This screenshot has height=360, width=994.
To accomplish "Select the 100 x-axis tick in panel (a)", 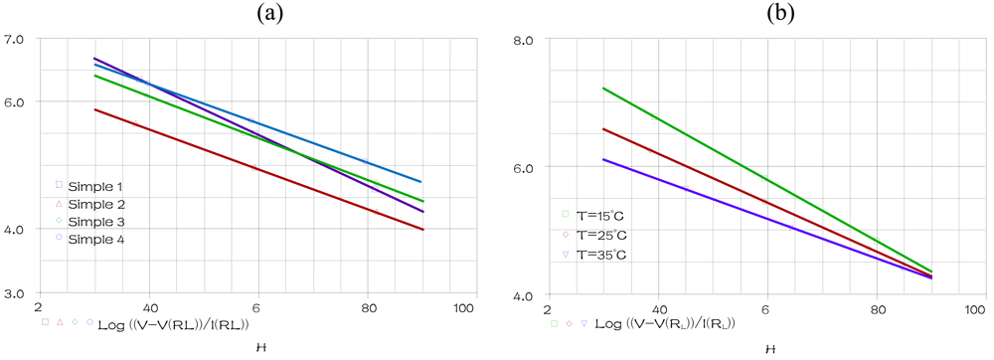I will (x=463, y=310).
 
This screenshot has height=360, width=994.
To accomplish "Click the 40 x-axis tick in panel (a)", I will (x=148, y=310).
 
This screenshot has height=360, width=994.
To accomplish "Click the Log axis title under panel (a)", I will (x=173, y=324).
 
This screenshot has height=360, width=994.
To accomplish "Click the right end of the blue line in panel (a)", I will (x=423, y=182).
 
